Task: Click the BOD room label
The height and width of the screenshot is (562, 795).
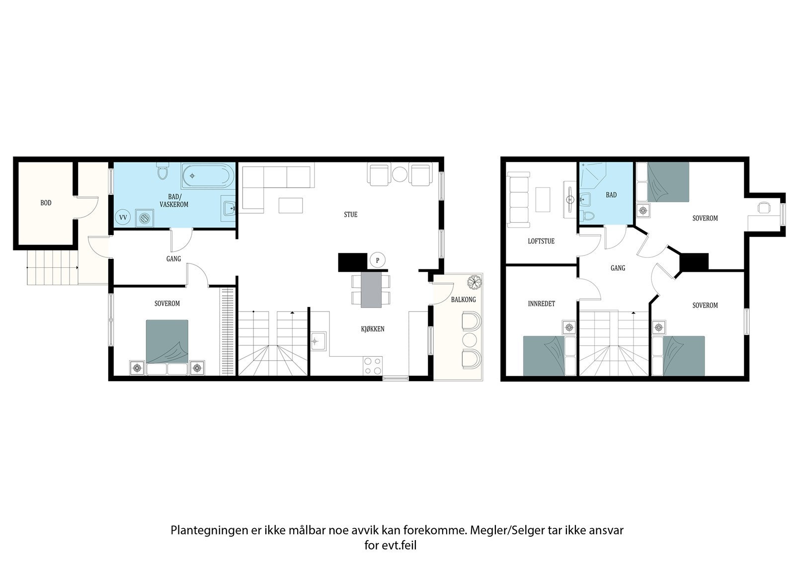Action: (x=46, y=203)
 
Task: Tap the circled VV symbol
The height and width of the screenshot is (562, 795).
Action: (x=122, y=217)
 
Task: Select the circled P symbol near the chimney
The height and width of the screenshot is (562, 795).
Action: (x=377, y=260)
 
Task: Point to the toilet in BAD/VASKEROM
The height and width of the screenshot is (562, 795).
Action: (x=161, y=172)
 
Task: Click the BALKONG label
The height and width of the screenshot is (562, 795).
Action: (x=463, y=300)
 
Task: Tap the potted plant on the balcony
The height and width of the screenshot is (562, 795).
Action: (x=474, y=282)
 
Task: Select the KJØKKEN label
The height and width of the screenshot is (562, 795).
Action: (x=372, y=329)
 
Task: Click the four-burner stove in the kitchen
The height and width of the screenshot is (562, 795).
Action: (x=372, y=366)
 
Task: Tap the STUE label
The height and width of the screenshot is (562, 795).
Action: (x=350, y=215)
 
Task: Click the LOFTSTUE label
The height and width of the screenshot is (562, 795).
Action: (x=541, y=241)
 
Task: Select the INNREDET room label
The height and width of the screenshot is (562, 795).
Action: (x=541, y=304)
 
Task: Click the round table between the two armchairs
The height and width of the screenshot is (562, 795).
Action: (x=399, y=174)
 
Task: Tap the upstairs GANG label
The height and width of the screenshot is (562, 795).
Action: (x=618, y=268)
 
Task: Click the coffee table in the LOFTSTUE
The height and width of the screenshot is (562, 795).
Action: (x=543, y=199)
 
